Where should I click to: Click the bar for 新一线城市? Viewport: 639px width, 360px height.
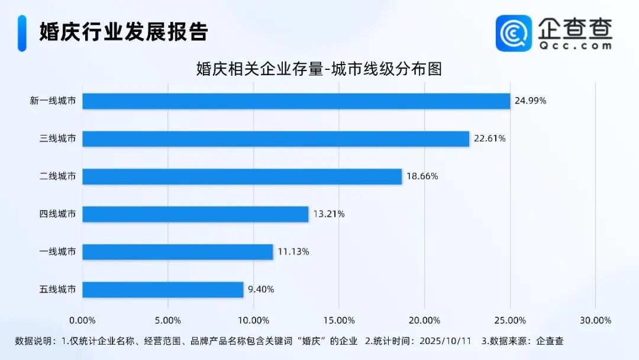296,101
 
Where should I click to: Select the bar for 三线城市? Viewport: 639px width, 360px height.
275,139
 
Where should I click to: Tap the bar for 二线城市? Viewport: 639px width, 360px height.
242,176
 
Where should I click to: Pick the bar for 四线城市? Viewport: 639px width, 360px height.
195,214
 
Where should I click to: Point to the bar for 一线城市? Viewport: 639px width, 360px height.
177,252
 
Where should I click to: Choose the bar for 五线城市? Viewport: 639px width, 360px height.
163,290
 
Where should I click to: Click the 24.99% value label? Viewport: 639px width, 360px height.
530,101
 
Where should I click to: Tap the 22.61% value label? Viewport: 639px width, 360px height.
489,139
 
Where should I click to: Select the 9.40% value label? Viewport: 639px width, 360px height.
261,290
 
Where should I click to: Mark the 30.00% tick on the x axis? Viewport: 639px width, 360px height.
595,320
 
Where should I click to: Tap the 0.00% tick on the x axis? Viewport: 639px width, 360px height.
82,320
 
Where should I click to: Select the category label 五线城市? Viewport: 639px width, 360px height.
57,290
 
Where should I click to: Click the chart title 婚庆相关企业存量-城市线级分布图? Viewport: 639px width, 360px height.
319,69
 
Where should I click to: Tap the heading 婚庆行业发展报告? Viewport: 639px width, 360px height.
124,32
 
